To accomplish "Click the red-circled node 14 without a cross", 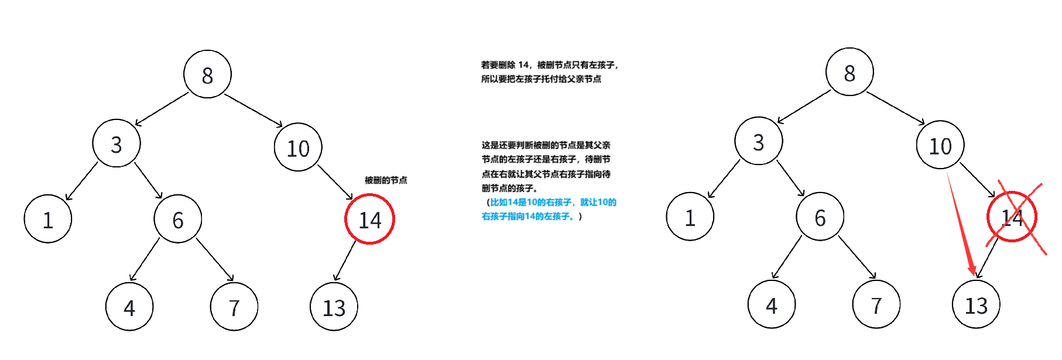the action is click(369, 219).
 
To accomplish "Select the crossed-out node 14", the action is click(1012, 217).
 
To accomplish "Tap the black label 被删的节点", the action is click(386, 180).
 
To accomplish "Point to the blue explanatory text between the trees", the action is click(549, 209).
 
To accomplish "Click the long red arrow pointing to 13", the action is click(961, 223).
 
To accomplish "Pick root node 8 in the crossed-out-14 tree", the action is click(849, 72).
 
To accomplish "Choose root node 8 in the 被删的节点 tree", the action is click(207, 74).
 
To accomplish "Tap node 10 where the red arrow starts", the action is click(940, 145).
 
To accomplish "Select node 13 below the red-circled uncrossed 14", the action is click(334, 307).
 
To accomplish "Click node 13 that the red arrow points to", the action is click(976, 304).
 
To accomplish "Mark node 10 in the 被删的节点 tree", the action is click(298, 148).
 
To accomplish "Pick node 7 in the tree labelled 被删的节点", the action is click(234, 307).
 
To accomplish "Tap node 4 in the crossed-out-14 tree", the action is click(771, 304).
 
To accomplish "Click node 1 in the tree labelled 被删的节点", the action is click(48, 219).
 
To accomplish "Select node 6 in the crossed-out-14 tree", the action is click(820, 217).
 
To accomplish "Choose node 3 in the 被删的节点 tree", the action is click(117, 143).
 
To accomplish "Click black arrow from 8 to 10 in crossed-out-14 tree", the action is click(895, 108).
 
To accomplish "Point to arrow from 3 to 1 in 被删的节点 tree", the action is click(82, 181).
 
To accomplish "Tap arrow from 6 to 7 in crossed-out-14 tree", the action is click(857, 257).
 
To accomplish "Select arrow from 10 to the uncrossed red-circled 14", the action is click(335, 182).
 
